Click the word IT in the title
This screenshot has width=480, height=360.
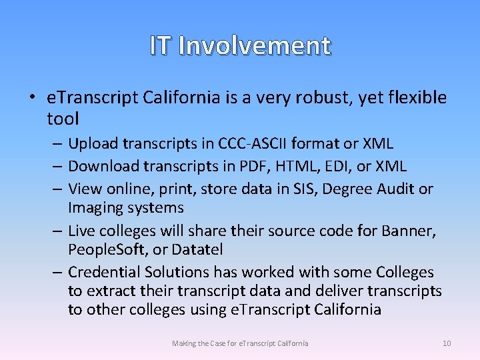[161, 45]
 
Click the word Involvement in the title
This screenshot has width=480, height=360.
[255, 45]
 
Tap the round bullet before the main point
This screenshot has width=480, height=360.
[33, 98]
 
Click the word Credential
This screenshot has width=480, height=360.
[102, 272]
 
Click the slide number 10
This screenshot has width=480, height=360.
[447, 343]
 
